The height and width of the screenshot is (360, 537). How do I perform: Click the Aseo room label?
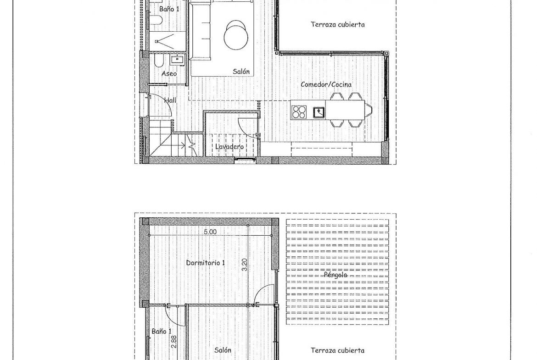(x=169, y=73)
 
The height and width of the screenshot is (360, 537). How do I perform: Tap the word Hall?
(x=171, y=100)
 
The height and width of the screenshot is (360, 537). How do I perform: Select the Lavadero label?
(x=229, y=147)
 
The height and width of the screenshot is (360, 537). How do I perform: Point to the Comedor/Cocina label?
(x=326, y=84)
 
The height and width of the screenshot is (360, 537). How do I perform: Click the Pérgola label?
(x=336, y=275)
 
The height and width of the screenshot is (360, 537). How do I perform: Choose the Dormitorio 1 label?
(x=206, y=263)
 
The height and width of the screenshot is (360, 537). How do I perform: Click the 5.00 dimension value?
(x=210, y=232)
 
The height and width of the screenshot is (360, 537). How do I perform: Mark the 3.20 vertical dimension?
(x=245, y=265)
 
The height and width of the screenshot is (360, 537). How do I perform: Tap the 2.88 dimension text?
(x=173, y=341)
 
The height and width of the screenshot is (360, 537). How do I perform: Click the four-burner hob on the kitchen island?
(x=299, y=112)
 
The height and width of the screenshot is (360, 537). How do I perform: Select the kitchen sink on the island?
(x=319, y=112)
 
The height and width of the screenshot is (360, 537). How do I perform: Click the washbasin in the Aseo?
(x=178, y=60)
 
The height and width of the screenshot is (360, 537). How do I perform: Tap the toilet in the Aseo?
(x=159, y=62)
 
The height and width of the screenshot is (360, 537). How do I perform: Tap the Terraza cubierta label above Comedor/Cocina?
(x=338, y=25)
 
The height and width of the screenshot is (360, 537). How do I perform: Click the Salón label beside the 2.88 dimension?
(x=223, y=350)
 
